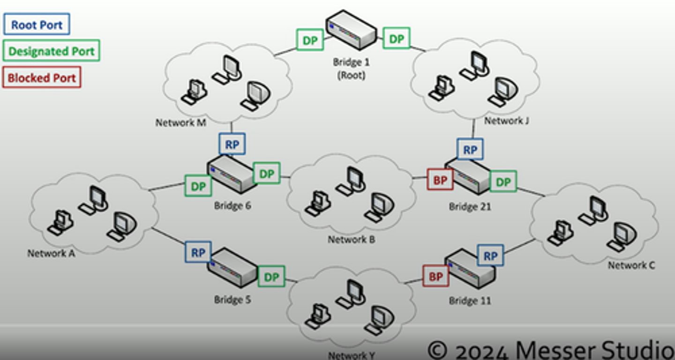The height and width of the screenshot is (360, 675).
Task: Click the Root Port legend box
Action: pos(37,24)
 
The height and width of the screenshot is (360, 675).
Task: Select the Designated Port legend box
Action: pos(52,51)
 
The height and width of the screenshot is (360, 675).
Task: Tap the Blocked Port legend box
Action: pos(42,77)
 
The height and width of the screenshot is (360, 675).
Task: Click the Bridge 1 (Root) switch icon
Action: pos(351,30)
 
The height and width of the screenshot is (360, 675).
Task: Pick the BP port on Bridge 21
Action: pos(440,180)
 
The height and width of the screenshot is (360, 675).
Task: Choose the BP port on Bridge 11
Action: pos(436,277)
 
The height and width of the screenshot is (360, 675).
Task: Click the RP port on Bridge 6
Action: pos(232,144)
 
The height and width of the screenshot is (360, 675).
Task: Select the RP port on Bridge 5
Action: pos(198,253)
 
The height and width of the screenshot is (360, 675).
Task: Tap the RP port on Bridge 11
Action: pos(490,255)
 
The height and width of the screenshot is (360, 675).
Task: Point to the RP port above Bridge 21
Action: pos(470,150)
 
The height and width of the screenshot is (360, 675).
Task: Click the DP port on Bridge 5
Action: pos(271,277)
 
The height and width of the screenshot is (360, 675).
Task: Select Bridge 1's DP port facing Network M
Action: pos(310,40)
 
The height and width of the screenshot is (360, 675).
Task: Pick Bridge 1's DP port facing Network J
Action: pos(397,38)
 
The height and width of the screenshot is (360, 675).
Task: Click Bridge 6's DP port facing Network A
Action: pos(198,186)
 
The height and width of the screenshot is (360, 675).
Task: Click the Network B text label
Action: pos(351,240)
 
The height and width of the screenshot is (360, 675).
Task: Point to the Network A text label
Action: pos(51,254)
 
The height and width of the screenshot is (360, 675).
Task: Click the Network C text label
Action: pos(631,265)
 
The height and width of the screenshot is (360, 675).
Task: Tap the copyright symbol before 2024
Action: pos(437,349)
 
